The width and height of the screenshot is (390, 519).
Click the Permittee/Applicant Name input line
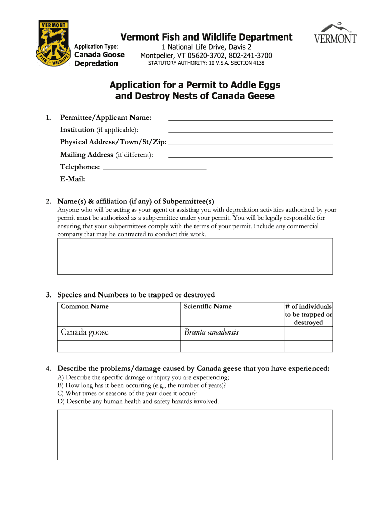pyautogui.click(x=250, y=119)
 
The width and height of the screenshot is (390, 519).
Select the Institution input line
pyautogui.click(x=250, y=131)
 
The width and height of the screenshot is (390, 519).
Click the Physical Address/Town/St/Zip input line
pyautogui.click(x=250, y=143)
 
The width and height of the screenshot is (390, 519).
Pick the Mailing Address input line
pyautogui.click(x=250, y=156)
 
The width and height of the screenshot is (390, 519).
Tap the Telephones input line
pyautogui.click(x=154, y=167)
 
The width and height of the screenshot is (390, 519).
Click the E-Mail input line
pyautogui.click(x=154, y=180)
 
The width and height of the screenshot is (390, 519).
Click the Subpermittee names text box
pyautogui.click(x=194, y=256)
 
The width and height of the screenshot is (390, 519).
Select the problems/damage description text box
pyautogui.click(x=194, y=434)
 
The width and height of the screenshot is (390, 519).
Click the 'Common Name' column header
pyautogui.click(x=85, y=306)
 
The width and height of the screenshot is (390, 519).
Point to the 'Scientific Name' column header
pyautogui.click(x=208, y=306)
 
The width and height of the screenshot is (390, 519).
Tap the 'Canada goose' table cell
pyautogui.click(x=85, y=333)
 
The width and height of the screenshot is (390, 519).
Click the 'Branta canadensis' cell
pyautogui.click(x=211, y=333)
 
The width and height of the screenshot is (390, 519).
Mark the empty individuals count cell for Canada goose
pyautogui.click(x=308, y=333)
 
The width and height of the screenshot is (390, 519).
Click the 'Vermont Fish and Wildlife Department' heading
pyautogui.click(x=206, y=37)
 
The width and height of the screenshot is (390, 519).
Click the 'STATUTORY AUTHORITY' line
pyautogui.click(x=206, y=63)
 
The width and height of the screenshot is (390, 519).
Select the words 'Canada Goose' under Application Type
pyautogui.click(x=99, y=55)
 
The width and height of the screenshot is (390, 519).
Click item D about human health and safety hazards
pyautogui.click(x=138, y=401)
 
